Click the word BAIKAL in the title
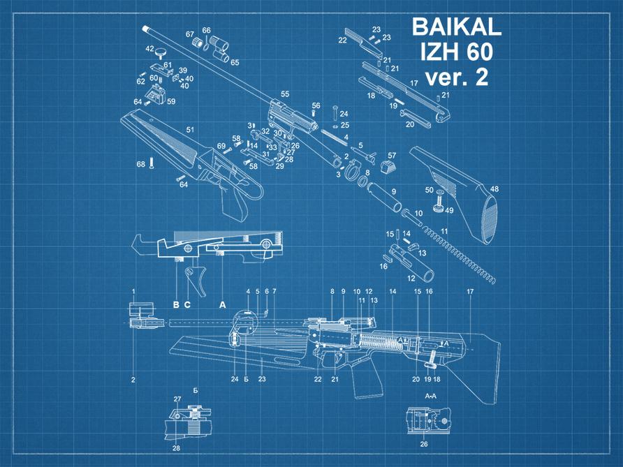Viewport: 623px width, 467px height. pos(457,27)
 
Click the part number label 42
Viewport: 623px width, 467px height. pos(149,49)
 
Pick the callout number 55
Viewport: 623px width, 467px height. pos(285,94)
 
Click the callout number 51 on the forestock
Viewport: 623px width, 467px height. pos(189,129)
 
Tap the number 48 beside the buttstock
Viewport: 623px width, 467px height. pos(494,189)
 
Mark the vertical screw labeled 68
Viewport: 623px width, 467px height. pos(152,163)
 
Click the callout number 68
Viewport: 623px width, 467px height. pos(140,164)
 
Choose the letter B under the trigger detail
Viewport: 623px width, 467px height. pos(176,304)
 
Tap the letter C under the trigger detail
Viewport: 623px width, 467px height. pos(187,304)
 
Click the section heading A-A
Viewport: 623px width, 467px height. pos(431,396)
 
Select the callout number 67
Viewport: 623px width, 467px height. pos(190,34)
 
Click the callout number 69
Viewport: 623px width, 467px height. pos(221,146)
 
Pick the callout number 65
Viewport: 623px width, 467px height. pos(235,62)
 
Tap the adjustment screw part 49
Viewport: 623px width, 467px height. pos(439,205)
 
